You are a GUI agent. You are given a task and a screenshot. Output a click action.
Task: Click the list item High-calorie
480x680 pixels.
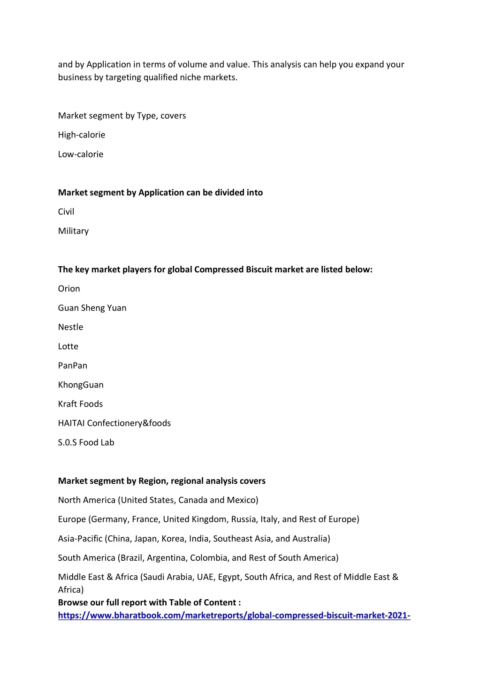pos(82,135)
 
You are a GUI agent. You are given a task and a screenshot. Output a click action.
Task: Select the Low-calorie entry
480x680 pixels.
pos(81,154)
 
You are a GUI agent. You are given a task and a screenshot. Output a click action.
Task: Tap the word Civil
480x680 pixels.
pos(66,212)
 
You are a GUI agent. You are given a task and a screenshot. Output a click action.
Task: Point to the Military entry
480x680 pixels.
pos(73,231)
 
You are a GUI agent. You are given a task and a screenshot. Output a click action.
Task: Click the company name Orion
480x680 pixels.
pos(69,289)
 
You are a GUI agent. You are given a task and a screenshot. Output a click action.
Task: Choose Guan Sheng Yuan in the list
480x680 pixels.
pos(92,308)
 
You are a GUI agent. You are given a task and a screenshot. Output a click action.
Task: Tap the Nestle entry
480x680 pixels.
pos(70,327)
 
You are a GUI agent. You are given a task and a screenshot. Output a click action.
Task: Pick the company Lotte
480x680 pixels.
pos(68,347)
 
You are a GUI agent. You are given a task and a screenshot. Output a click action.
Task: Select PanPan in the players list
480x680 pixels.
pos(73,366)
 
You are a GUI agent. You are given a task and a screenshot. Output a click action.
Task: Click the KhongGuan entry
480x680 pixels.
pos(81,385)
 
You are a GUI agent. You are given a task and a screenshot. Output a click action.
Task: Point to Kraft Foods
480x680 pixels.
pos(80,404)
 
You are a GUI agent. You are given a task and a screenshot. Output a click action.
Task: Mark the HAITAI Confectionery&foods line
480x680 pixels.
pos(114,424)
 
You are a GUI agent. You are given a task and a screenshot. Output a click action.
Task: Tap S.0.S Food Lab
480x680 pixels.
pos(86,443)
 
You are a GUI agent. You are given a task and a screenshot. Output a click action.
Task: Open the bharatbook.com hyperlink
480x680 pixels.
pos(234,616)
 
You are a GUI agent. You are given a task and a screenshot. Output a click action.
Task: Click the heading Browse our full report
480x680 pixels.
pos(149,603)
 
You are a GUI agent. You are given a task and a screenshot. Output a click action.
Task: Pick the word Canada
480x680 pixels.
pos(193,500)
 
